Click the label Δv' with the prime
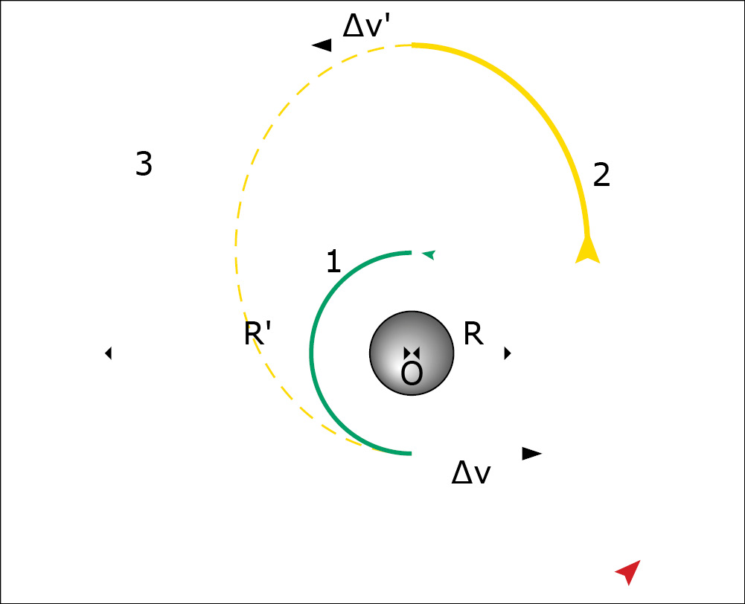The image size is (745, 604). (x=366, y=26)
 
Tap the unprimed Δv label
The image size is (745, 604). (x=471, y=472)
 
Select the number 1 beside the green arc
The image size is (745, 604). (x=333, y=262)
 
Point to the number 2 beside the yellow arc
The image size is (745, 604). (x=601, y=176)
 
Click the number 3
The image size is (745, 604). (x=144, y=164)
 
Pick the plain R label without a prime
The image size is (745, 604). (x=473, y=333)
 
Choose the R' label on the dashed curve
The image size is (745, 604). (x=257, y=333)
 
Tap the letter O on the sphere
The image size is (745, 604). (x=412, y=373)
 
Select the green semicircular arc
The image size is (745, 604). (x=311, y=353)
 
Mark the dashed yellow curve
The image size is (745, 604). (x=236, y=247)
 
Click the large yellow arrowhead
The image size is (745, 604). (x=588, y=250)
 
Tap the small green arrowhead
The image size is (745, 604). (x=429, y=255)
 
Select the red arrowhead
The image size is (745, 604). (x=629, y=572)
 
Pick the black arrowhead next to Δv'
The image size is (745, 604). (x=322, y=45)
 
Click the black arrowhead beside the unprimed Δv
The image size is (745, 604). (x=531, y=454)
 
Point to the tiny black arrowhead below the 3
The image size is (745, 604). (x=109, y=353)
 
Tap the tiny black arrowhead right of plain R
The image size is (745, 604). (x=508, y=353)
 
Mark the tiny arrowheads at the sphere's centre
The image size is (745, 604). (x=412, y=353)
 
